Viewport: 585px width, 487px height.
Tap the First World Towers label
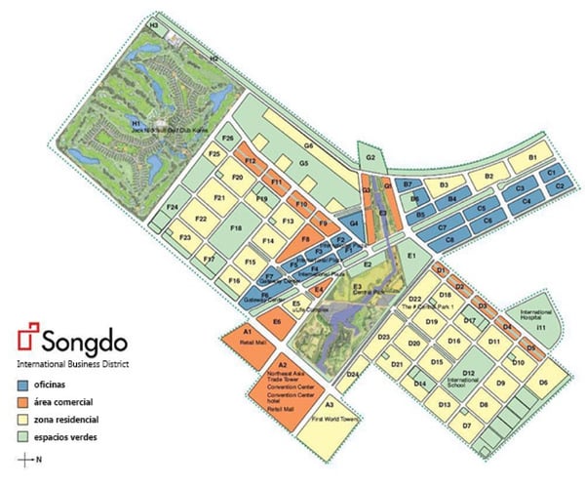(x=331, y=418)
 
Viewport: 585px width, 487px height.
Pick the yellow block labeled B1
(x=532, y=158)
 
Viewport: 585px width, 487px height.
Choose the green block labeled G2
(x=370, y=157)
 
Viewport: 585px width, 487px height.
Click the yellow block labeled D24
(x=353, y=375)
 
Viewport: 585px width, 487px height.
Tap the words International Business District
(x=73, y=363)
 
